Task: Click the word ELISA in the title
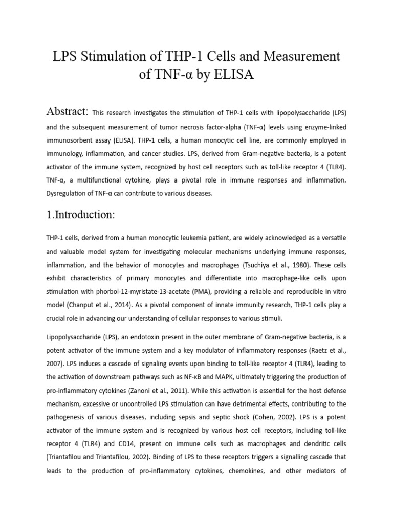point(228,75)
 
